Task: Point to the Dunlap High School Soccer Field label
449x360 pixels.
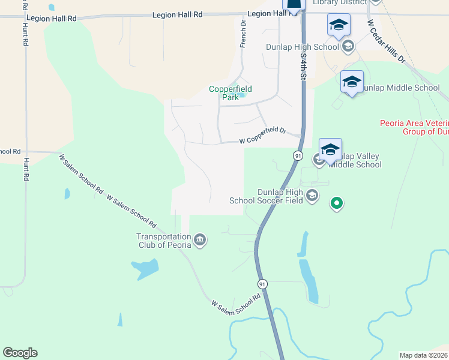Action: pos(267,196)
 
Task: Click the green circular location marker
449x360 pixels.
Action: pos(337,204)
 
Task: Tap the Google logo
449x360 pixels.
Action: pos(20,353)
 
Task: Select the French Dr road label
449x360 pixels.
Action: pos(243,34)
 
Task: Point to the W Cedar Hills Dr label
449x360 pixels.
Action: pos(386,42)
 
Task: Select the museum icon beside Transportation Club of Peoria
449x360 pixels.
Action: pos(200,241)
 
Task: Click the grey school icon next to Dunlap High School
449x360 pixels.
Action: pos(348,46)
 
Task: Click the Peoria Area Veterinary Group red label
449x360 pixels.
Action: pos(414,127)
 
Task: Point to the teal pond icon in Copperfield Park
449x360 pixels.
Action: pos(242,94)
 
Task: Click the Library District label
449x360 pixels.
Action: pos(340,2)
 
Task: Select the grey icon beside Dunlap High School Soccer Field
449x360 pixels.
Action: pos(312,196)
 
